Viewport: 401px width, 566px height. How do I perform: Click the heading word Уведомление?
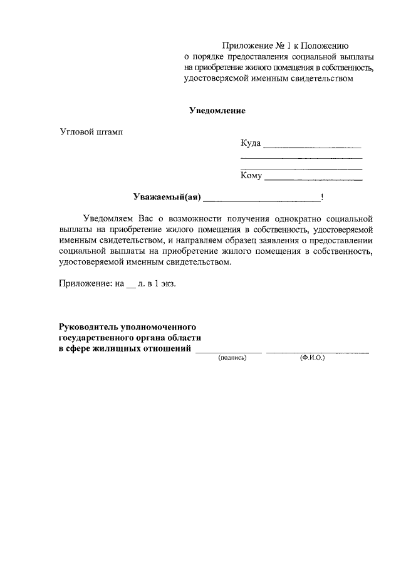[x=217, y=111]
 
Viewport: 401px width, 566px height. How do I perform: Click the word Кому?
[x=251, y=176]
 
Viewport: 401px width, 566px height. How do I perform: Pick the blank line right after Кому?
[x=314, y=179]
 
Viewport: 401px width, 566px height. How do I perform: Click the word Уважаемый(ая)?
[x=166, y=197]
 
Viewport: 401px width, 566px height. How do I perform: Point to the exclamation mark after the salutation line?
[x=322, y=198]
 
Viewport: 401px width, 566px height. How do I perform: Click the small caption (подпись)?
[x=232, y=359]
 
